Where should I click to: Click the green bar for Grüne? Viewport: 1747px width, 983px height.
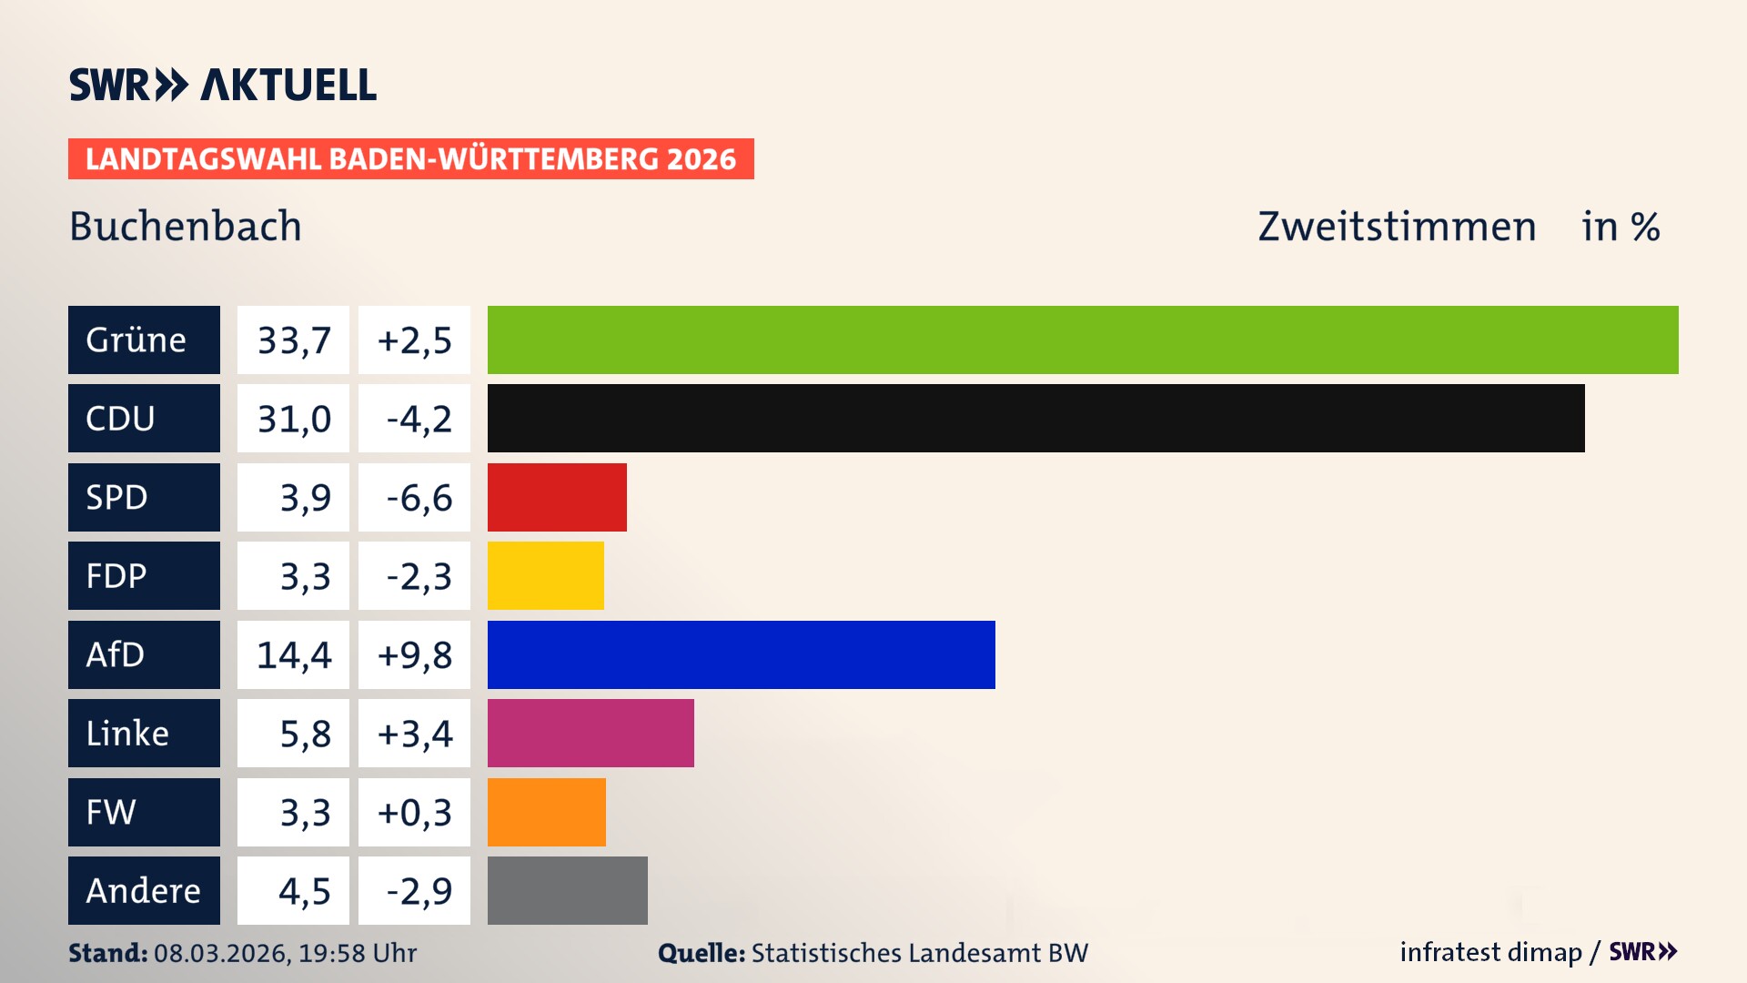(1083, 339)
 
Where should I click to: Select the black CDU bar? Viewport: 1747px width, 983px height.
(1035, 418)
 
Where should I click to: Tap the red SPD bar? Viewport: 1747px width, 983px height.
(557, 497)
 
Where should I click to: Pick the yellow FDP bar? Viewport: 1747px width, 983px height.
(545, 575)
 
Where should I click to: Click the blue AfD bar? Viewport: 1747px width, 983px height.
(741, 654)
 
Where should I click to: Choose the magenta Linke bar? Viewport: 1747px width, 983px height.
(591, 733)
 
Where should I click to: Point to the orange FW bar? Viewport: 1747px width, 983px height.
(546, 812)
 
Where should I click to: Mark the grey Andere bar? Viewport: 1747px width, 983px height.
(567, 890)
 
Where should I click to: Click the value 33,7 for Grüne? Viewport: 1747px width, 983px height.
(293, 340)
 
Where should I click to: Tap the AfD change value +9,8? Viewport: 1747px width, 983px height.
(415, 654)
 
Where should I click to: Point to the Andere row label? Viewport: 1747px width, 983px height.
(144, 890)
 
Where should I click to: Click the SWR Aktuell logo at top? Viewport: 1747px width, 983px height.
(222, 85)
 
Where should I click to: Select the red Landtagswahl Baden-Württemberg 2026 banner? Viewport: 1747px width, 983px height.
(410, 158)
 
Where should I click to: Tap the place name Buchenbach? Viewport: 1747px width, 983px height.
(186, 226)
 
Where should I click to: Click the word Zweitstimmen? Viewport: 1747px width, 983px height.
(1397, 226)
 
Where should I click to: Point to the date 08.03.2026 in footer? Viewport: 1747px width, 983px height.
(221, 953)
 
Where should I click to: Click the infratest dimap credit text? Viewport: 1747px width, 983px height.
(1490, 952)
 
